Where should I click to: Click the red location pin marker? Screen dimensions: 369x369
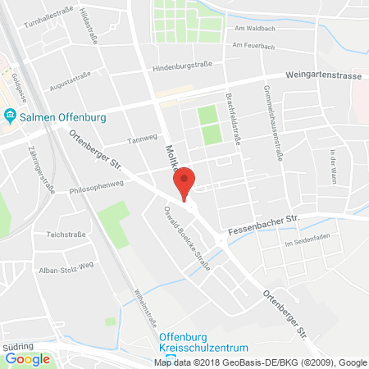(x=186, y=182)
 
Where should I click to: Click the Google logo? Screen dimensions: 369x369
(x=27, y=358)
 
